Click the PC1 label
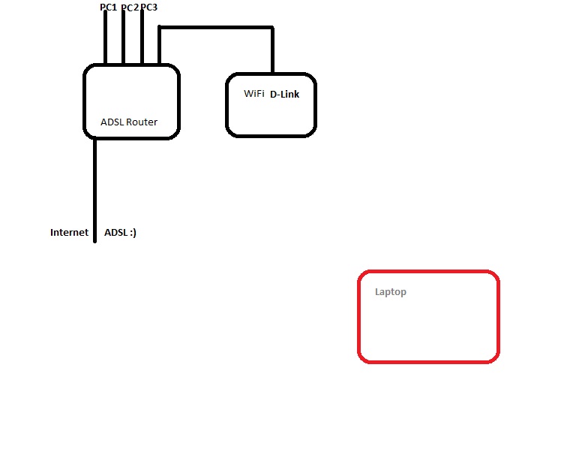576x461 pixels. tap(108, 8)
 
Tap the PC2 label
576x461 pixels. tap(129, 8)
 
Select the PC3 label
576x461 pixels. tap(148, 8)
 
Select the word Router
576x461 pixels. tap(142, 122)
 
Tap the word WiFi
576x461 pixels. tap(254, 94)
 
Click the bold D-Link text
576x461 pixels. tap(284, 95)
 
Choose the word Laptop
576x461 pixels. tap(391, 292)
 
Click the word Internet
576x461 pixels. tap(69, 233)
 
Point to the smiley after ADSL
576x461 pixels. tap(133, 233)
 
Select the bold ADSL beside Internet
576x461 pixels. tap(115, 233)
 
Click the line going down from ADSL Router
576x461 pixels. tap(95, 188)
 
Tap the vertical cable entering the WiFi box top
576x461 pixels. tap(272, 51)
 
